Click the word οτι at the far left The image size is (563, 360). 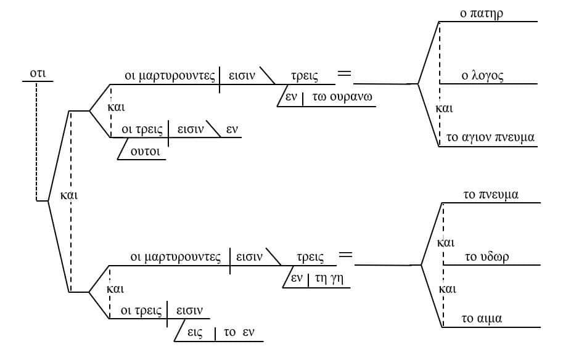click(x=38, y=74)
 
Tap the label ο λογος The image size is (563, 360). click(x=483, y=76)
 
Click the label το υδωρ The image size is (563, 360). click(x=486, y=256)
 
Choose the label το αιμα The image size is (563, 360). click(x=482, y=319)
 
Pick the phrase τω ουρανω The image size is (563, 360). click(x=342, y=97)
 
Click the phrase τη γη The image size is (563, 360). click(x=329, y=278)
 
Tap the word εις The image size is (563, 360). click(x=195, y=332)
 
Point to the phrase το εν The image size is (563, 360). click(x=239, y=332)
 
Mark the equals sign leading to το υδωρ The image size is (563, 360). click(x=345, y=254)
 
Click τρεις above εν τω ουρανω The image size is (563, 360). click(x=305, y=76)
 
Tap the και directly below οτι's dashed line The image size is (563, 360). click(x=69, y=196)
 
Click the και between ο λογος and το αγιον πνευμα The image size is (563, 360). click(x=444, y=108)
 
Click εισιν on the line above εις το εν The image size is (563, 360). click(x=189, y=310)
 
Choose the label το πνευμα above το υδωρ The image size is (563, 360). click(x=491, y=195)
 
